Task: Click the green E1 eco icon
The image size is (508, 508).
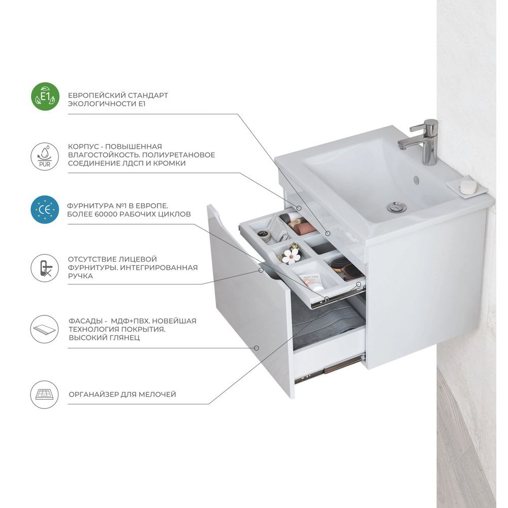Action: click(45, 97)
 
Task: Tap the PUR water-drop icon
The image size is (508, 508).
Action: click(45, 156)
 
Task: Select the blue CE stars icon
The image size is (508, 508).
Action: click(45, 210)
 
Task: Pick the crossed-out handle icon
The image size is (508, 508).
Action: click(45, 268)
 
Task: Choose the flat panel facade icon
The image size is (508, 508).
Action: click(45, 329)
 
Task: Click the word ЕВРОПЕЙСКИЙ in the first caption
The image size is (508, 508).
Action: click(97, 96)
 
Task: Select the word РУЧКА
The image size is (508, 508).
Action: click(80, 276)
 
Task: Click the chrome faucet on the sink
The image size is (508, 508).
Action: click(421, 142)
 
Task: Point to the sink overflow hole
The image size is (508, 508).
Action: click(417, 179)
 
